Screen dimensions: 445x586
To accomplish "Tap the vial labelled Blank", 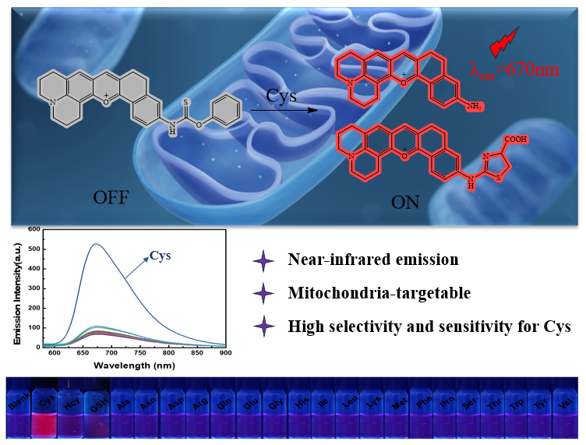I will tap(19, 413).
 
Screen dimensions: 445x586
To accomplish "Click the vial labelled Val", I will tap(569, 413).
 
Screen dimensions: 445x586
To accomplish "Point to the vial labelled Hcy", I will tap(71, 413).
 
